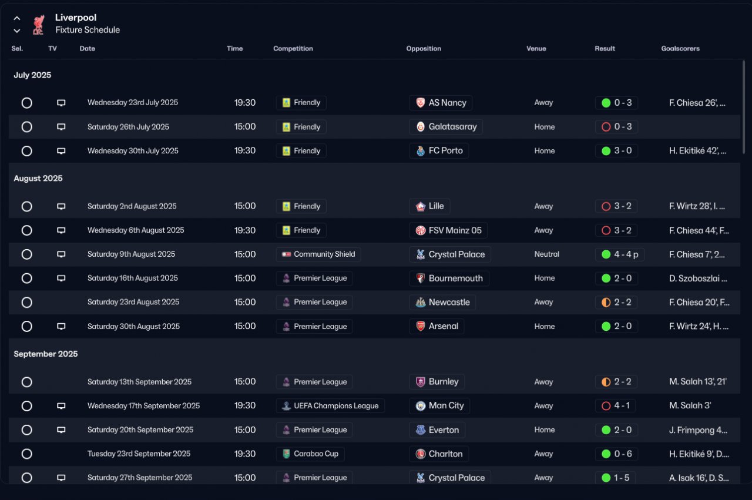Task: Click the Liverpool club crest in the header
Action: tap(38, 24)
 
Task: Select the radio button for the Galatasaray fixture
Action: tap(26, 127)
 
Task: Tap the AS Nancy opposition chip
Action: tap(440, 103)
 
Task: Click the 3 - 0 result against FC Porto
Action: tap(616, 151)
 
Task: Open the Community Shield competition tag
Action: tap(318, 254)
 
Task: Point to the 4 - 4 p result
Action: tap(619, 254)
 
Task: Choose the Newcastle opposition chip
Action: tap(442, 302)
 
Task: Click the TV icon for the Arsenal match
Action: tap(61, 326)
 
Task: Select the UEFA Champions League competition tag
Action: tap(330, 406)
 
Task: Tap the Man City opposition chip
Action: tap(439, 406)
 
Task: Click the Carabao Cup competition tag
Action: tap(310, 454)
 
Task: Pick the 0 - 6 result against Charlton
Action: tap(616, 454)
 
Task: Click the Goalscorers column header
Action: tap(680, 49)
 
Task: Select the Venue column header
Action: tap(536, 49)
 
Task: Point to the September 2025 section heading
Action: tap(46, 354)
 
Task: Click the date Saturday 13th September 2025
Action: tap(139, 382)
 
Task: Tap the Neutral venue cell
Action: tap(546, 254)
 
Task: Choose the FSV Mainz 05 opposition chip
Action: tap(448, 230)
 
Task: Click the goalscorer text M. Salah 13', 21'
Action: tap(698, 382)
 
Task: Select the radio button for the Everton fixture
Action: tap(26, 430)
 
